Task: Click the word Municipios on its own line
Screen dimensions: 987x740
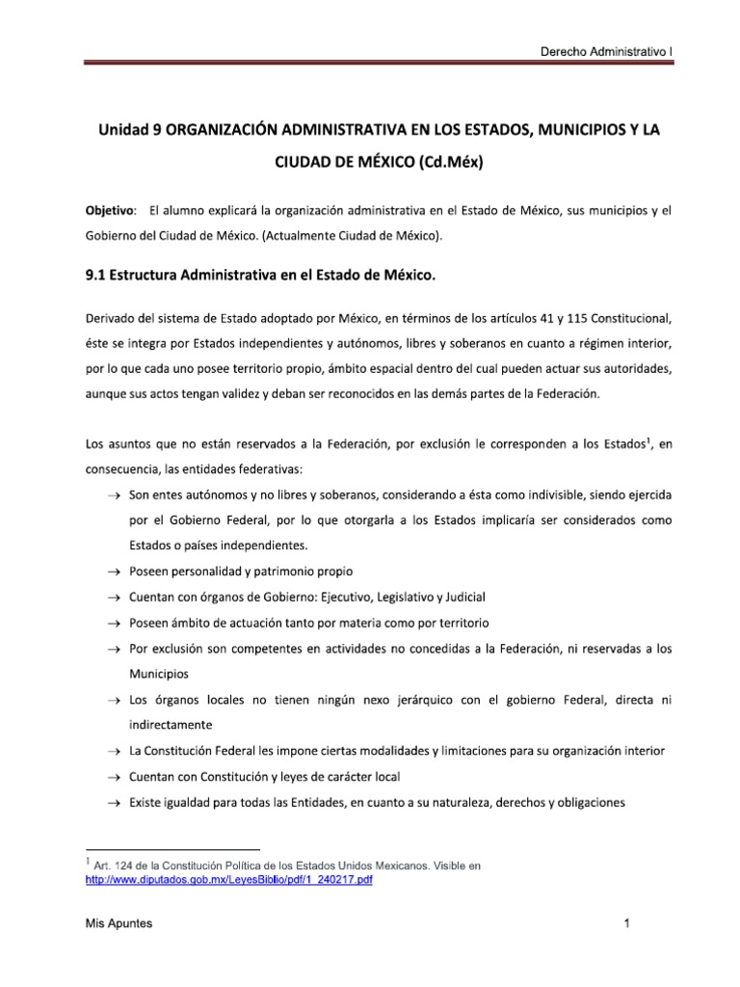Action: click(159, 674)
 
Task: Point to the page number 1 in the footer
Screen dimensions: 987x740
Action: click(626, 924)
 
